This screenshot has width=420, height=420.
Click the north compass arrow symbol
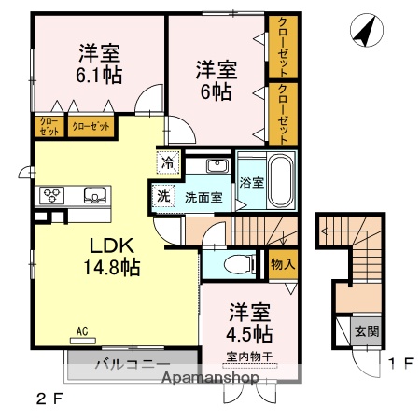pyautogui.click(x=365, y=33)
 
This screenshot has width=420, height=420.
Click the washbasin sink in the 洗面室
pyautogui.click(x=217, y=166)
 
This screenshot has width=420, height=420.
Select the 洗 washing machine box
pyautogui.click(x=162, y=197)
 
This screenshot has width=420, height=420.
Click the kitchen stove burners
pyautogui.click(x=51, y=196)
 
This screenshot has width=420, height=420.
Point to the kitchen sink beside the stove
pyautogui.click(x=94, y=196)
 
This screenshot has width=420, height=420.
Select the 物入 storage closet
pyautogui.click(x=282, y=264)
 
